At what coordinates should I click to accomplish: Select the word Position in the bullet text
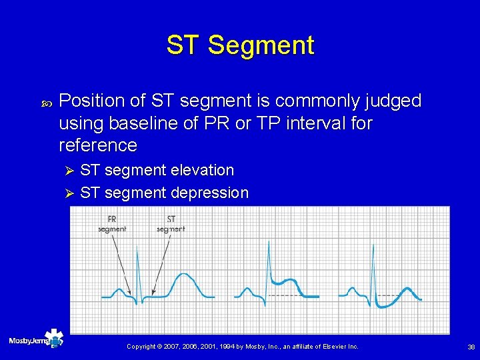click(92, 101)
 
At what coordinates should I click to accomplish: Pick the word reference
click(98, 145)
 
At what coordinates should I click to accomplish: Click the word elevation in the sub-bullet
click(202, 171)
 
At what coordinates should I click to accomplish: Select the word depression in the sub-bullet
click(209, 193)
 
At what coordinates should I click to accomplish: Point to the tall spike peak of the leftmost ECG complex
click(138, 247)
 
